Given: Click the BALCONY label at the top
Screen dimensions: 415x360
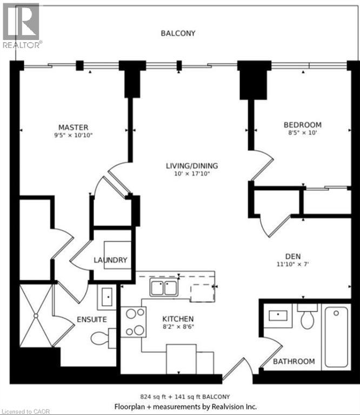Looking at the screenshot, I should point(178,33).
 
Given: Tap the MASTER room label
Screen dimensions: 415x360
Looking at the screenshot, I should point(74,127).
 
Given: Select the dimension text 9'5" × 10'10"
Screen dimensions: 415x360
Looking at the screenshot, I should point(74,136).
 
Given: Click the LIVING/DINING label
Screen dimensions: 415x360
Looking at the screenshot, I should point(191,165).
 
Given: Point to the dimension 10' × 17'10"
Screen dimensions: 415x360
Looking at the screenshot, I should point(191,174).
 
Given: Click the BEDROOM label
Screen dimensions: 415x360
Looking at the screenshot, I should point(303,125).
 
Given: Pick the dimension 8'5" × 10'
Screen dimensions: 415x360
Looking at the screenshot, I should point(303,133).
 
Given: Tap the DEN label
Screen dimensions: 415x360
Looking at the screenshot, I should point(293,256).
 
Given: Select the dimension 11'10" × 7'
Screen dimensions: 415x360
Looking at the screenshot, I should point(293,264).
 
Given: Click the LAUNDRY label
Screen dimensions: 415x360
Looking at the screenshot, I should point(110,260).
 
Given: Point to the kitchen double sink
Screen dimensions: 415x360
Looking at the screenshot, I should point(164,288).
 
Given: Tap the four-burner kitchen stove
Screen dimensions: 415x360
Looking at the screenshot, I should point(133,322).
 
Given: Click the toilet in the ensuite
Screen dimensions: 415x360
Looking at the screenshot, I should point(103,338).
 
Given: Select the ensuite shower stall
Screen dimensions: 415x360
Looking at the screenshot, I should point(36,315).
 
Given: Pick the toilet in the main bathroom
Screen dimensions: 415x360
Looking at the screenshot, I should point(307,318).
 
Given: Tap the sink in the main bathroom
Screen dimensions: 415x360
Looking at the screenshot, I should point(278,315).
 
